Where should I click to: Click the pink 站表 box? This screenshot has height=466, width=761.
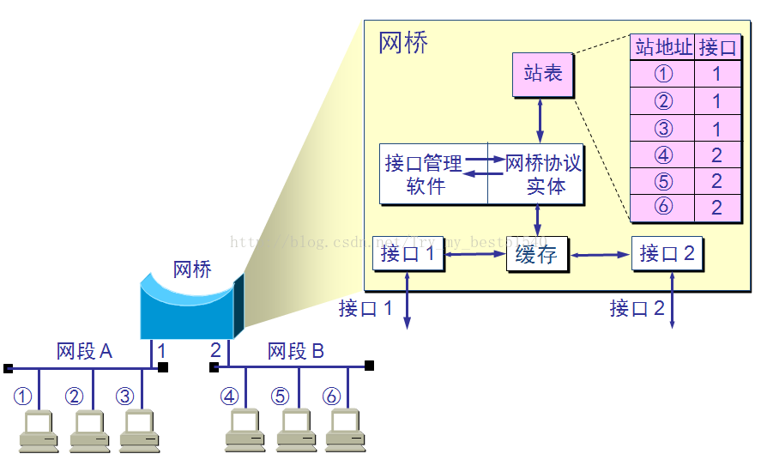542,75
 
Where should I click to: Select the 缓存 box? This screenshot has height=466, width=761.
537,255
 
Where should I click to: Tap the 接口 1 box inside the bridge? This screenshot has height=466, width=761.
408,255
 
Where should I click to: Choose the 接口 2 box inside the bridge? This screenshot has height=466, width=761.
667,254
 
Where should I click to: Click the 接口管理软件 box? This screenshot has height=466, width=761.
433,174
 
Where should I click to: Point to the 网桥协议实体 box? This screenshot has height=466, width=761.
536,174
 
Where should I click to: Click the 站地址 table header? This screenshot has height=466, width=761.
662,47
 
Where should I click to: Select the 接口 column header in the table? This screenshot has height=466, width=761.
717,47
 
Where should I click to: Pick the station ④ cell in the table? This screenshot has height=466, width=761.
662,154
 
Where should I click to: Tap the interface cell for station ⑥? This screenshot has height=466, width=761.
717,208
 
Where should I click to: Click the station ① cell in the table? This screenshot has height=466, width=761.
662,74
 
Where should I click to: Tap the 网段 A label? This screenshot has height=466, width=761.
85,351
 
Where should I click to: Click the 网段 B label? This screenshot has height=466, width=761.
296,351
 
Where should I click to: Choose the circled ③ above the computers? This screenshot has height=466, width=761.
126,396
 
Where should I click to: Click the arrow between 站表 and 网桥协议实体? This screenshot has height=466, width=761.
540,121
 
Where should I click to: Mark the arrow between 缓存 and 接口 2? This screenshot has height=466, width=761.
601,255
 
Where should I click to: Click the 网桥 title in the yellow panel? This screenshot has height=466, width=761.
403,43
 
